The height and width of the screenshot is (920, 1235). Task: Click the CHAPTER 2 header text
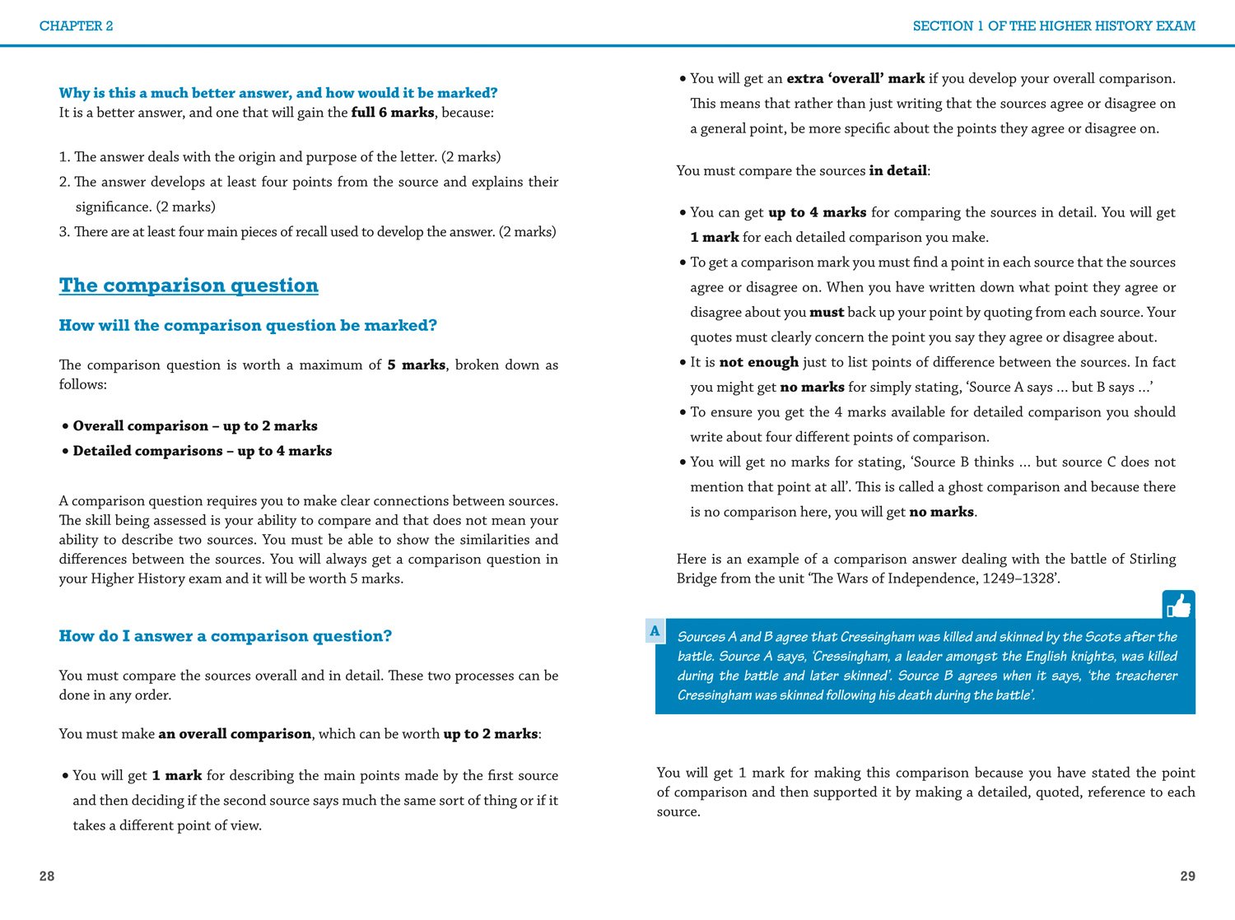tap(76, 26)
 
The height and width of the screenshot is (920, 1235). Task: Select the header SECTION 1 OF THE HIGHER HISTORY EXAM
tap(1053, 26)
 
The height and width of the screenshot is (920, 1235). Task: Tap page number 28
tap(47, 876)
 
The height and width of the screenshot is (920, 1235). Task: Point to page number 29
tap(1187, 876)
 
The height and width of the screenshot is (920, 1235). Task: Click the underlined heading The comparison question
tap(189, 286)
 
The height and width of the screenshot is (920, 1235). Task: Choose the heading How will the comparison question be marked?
tap(248, 326)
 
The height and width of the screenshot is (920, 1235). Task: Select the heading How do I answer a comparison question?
tap(226, 636)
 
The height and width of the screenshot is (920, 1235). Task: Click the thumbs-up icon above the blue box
tap(1178, 606)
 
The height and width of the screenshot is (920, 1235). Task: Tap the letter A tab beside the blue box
tap(655, 631)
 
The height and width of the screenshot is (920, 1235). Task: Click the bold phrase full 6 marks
tap(392, 113)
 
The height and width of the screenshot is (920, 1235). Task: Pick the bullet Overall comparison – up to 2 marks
tap(195, 426)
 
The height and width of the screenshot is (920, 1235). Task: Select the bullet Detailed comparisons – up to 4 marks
tap(203, 451)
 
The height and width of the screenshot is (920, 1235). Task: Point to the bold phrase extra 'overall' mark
tap(855, 79)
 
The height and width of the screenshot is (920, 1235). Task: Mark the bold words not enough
tap(758, 362)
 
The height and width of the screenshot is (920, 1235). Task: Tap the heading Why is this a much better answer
tap(278, 93)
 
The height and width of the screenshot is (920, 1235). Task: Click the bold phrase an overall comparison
tap(235, 734)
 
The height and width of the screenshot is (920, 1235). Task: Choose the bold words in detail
tap(897, 171)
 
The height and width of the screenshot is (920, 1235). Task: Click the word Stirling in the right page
tap(1152, 560)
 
